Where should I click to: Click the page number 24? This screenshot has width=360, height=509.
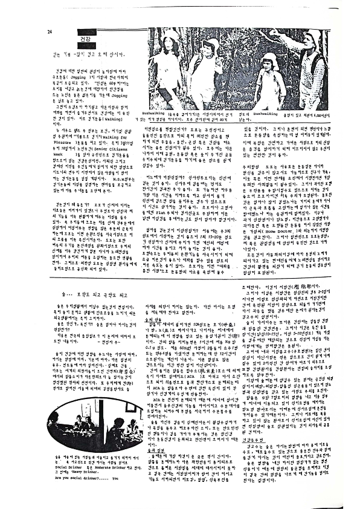tap(48, 32)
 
